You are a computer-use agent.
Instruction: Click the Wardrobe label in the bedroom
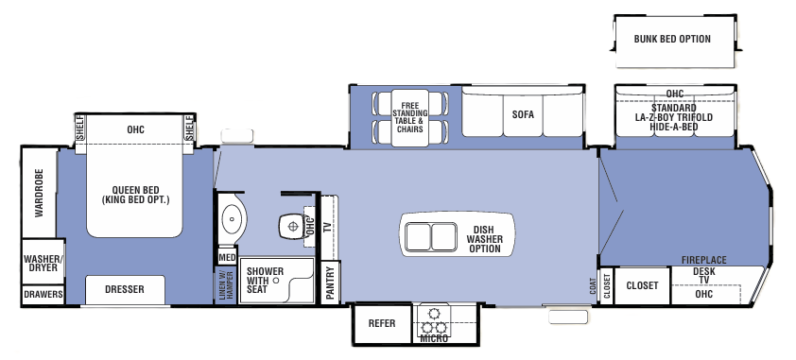[x=40, y=195]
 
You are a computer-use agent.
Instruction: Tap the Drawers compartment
[x=42, y=295]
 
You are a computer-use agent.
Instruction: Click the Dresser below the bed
[x=124, y=290]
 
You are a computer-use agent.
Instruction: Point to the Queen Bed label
[x=133, y=194]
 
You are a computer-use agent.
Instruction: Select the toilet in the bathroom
[x=292, y=226]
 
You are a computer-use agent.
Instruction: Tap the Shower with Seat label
[x=258, y=282]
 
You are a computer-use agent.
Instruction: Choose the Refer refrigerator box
[x=382, y=323]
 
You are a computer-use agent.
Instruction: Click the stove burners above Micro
[x=434, y=319]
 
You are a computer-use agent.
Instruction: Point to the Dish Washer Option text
[x=485, y=238]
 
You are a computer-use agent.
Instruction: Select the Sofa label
[x=524, y=114]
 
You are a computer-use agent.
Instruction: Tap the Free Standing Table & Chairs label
[x=409, y=118]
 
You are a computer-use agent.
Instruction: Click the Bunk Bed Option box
[x=672, y=40]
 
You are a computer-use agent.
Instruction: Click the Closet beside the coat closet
[x=642, y=285]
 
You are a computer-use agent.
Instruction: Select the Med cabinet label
[x=226, y=257]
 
